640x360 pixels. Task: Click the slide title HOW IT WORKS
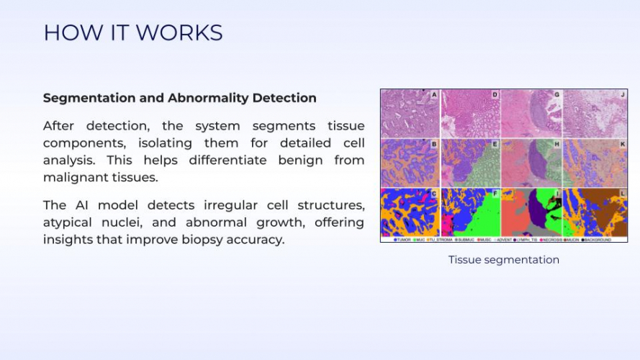click(133, 32)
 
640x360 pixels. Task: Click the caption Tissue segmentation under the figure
click(503, 260)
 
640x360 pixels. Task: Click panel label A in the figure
click(434, 95)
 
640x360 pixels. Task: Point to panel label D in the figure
click(495, 95)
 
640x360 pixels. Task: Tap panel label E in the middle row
click(495, 144)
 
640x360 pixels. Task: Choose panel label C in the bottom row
click(434, 193)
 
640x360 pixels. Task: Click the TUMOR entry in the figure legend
click(402, 239)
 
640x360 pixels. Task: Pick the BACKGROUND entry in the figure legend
click(596, 239)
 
